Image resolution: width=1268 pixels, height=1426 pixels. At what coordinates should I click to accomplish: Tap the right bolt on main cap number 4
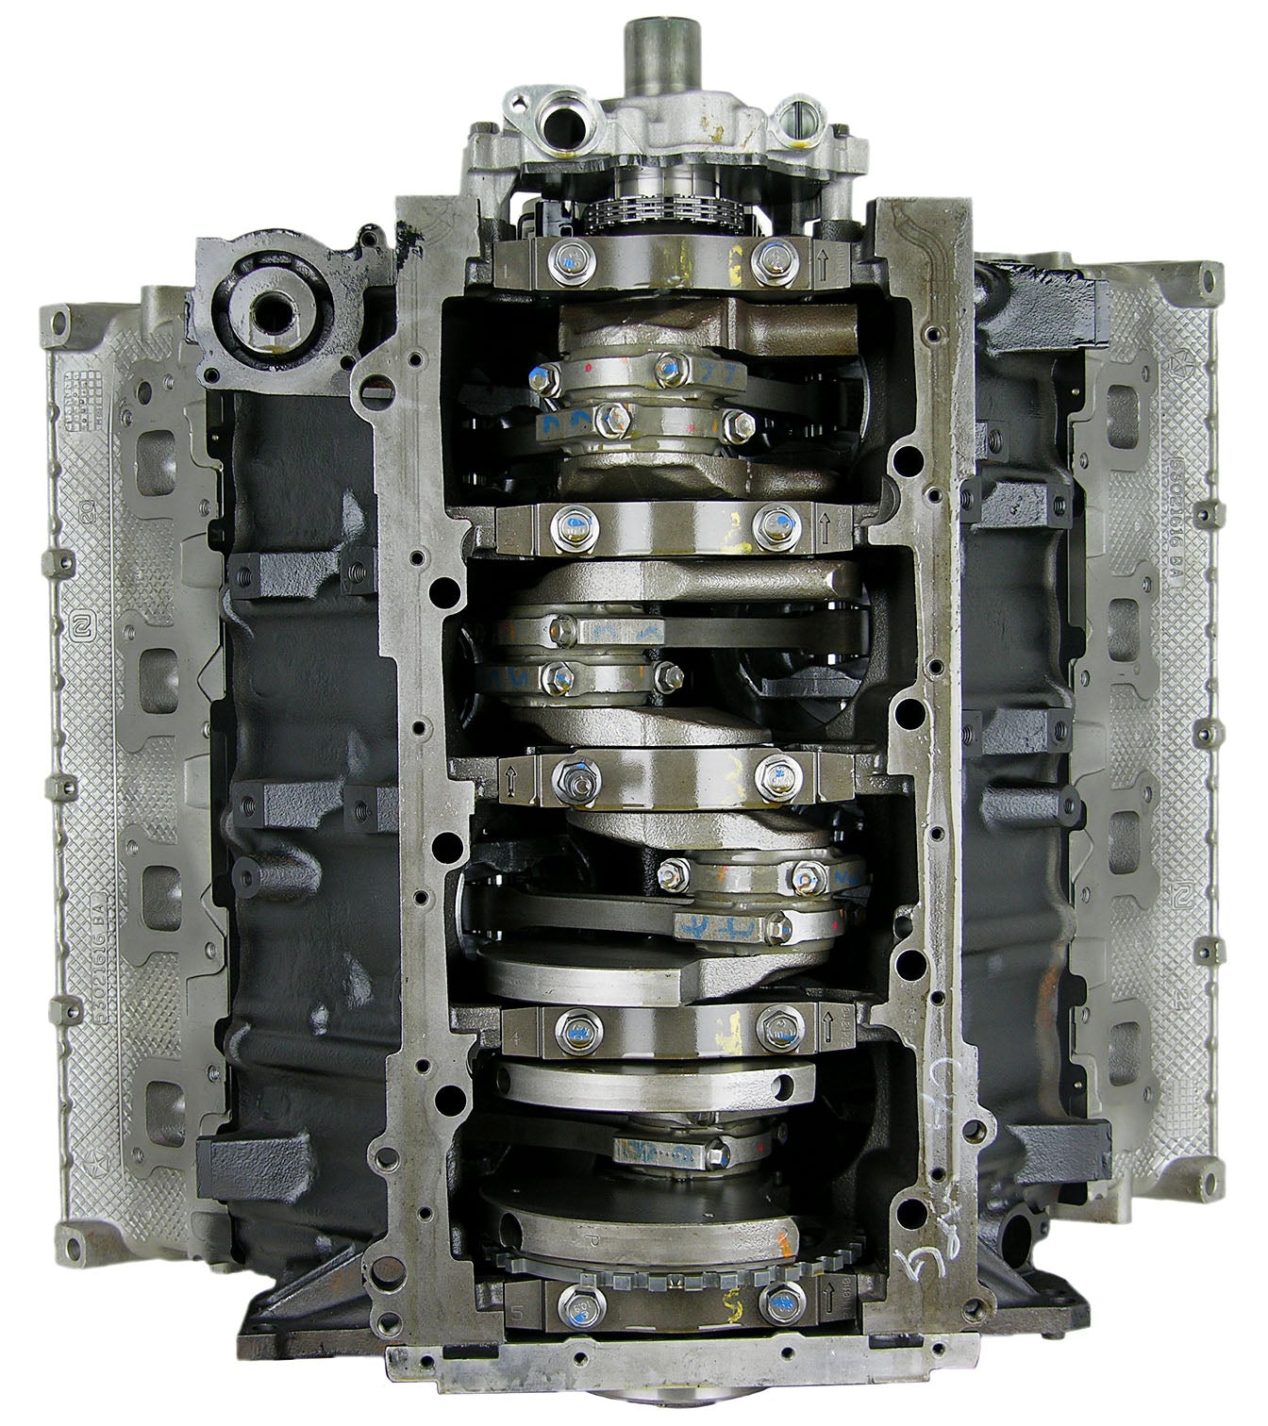(x=776, y=1026)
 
